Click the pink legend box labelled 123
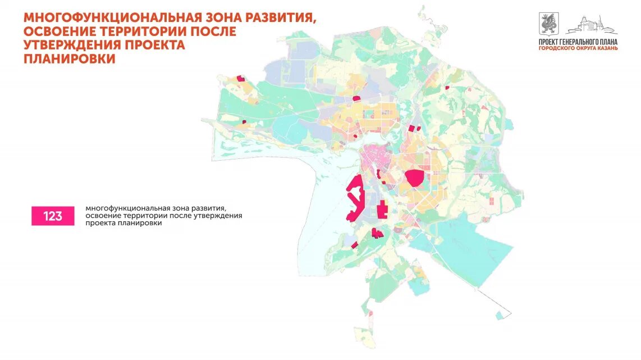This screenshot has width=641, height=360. (x=53, y=216)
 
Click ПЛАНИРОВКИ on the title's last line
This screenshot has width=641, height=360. (x=70, y=58)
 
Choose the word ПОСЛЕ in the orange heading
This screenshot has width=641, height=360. (x=209, y=31)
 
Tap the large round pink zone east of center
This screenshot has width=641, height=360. (x=414, y=178)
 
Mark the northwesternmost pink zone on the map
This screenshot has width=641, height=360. (x=241, y=79)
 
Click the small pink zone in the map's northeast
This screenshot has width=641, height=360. (x=447, y=88)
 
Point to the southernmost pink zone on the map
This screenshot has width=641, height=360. (x=354, y=245)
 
